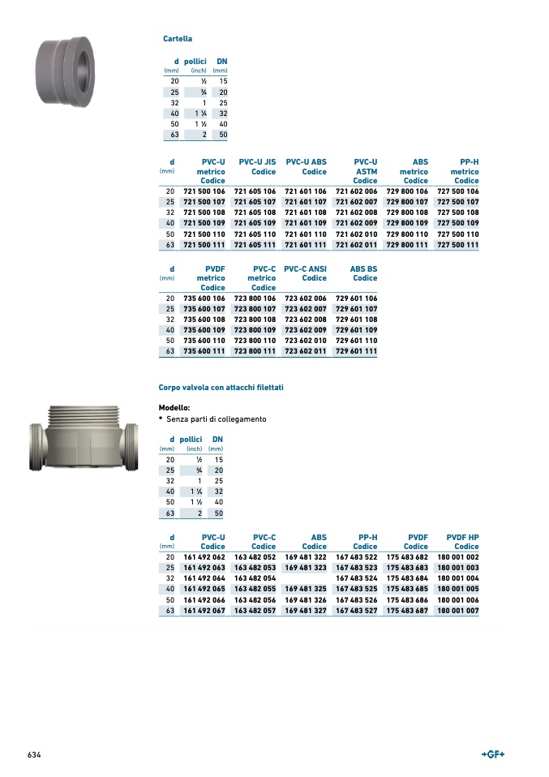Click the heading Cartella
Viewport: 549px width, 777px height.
178,39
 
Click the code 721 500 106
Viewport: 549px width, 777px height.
204,191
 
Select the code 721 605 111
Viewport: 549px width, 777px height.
255,245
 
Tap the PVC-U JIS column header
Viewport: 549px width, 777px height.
257,166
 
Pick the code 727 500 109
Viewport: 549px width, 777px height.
458,223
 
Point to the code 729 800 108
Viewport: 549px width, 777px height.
407,212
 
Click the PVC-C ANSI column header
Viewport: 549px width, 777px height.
305,273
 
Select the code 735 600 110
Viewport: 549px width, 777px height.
204,341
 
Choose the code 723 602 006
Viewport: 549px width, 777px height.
305,298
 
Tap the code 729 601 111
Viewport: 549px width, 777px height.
356,351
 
